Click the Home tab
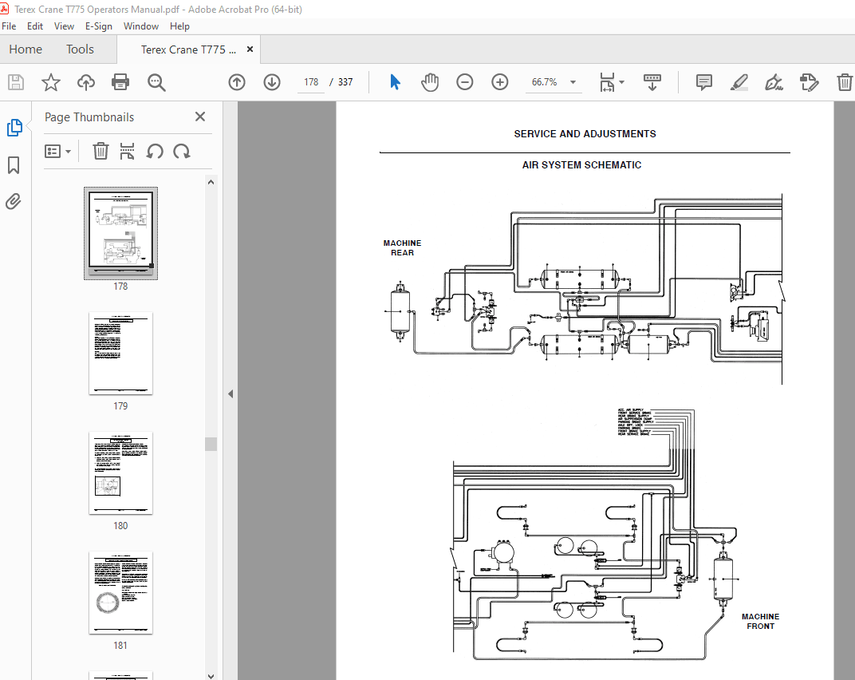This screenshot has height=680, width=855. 26,49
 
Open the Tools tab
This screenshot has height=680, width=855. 80,49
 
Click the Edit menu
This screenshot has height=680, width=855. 35,26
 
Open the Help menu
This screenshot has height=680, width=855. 180,26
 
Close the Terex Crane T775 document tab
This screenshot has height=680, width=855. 250,49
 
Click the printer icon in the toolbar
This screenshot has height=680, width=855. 120,82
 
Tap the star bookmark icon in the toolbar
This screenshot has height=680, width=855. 51,82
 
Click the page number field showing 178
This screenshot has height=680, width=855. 311,82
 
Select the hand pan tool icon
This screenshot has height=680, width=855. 430,82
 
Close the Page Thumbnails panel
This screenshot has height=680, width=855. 200,117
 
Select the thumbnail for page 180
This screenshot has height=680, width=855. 120,473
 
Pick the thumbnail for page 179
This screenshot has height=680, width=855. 120,354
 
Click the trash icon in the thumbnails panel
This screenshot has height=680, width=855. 100,151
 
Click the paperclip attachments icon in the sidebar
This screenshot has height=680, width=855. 14,201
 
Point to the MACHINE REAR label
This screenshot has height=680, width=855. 402,248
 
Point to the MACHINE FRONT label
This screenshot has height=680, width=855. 760,621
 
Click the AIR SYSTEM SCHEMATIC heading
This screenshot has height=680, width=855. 581,165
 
